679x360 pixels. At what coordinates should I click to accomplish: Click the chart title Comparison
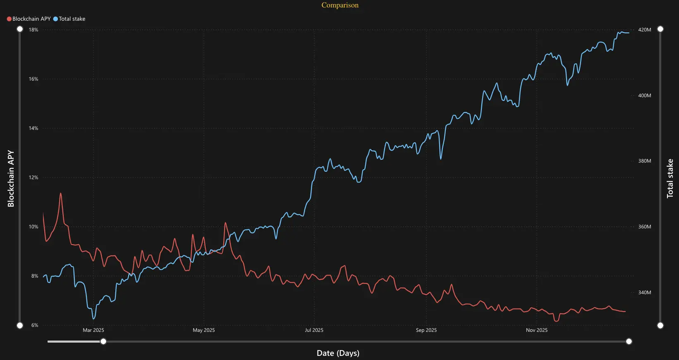click(340, 5)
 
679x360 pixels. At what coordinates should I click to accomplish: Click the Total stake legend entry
click(72, 19)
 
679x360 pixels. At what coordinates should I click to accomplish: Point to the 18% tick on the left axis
click(33, 30)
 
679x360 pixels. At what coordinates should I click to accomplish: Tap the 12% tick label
click(33, 178)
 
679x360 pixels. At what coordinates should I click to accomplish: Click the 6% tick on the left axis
click(35, 325)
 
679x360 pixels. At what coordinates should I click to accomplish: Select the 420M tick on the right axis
click(644, 30)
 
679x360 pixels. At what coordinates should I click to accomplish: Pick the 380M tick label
click(644, 161)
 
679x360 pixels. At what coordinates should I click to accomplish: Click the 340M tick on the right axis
click(644, 293)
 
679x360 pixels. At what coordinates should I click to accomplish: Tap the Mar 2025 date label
click(93, 330)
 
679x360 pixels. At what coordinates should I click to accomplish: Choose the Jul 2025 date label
click(314, 330)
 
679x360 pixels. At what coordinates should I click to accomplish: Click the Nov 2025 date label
click(536, 330)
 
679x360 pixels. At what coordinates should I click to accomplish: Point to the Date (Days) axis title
click(338, 353)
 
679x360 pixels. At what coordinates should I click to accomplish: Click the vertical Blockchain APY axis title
click(11, 178)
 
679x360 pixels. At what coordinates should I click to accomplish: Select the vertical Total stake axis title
click(670, 178)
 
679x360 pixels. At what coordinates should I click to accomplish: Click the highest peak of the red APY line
click(61, 193)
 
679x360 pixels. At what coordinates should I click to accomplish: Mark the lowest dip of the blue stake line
click(94, 319)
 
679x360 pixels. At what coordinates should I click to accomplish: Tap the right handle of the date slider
click(629, 341)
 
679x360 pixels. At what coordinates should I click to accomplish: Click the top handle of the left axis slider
click(20, 29)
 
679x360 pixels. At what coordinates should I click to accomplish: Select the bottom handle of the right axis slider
click(660, 325)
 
